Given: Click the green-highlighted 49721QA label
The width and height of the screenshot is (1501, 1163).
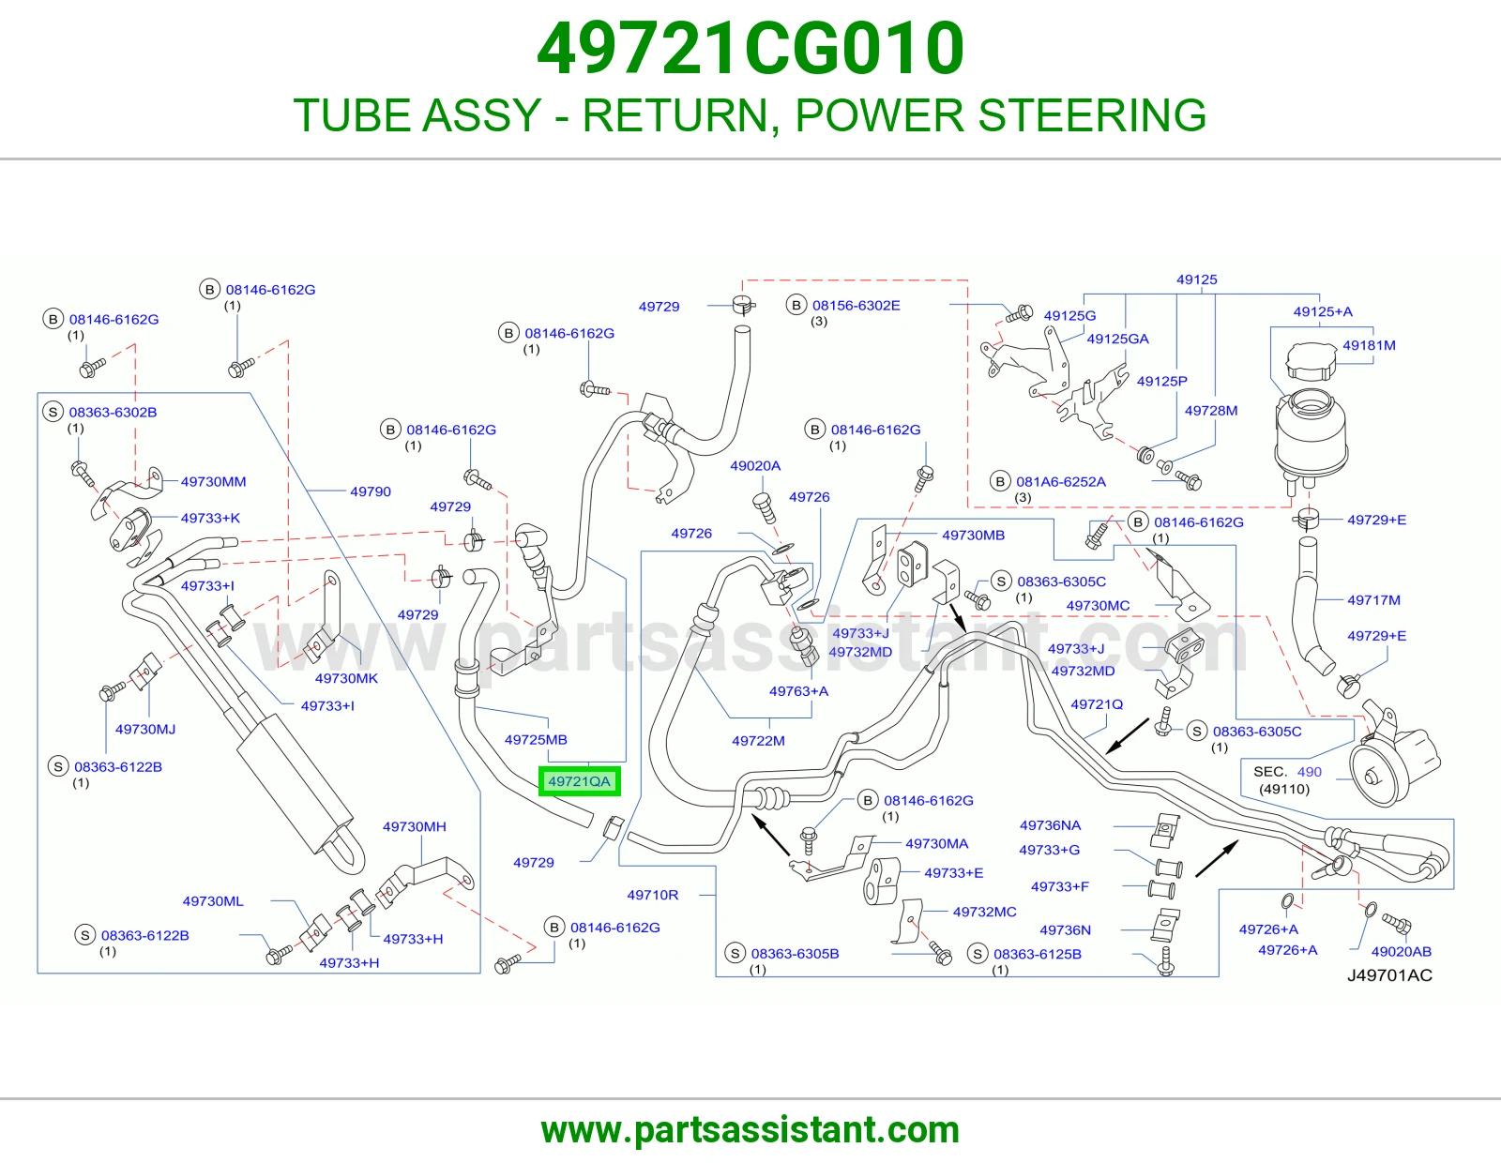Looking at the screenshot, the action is pos(579,781).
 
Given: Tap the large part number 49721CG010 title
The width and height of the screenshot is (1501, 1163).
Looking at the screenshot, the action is pos(750,48).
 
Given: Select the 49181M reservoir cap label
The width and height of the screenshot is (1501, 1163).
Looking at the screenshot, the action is pos(1369,344).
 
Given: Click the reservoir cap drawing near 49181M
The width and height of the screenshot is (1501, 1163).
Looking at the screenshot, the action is pos(1309,361).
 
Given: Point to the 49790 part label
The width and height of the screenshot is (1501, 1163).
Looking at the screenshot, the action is pos(371,491).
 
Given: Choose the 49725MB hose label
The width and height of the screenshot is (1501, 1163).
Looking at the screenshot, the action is pos(536,740).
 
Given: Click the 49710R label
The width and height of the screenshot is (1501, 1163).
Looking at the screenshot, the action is pos(652,895).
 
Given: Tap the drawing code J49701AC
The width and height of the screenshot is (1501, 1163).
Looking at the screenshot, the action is pos(1389,975).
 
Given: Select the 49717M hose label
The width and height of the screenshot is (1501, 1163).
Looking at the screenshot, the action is pos(1373,600).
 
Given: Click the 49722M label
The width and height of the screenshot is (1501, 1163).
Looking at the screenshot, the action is pos(758,740).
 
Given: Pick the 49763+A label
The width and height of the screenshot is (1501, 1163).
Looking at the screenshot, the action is pos(798,690).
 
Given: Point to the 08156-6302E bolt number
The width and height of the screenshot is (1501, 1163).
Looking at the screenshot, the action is pos(856,305).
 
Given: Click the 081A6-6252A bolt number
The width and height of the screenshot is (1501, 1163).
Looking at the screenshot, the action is pos(1060,481).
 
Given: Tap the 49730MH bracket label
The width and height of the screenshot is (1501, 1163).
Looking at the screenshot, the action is pos(414,826).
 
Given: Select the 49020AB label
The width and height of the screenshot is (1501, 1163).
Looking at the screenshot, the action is pos(1401,951).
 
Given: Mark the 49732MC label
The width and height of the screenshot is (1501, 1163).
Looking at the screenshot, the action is pos(984,912).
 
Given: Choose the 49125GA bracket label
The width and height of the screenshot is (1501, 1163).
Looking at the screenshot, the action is pos(1117,339).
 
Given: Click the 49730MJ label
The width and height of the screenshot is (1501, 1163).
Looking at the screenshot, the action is pos(145,729).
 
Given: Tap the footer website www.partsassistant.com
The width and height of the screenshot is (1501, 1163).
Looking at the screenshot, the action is pos(750,1130).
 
